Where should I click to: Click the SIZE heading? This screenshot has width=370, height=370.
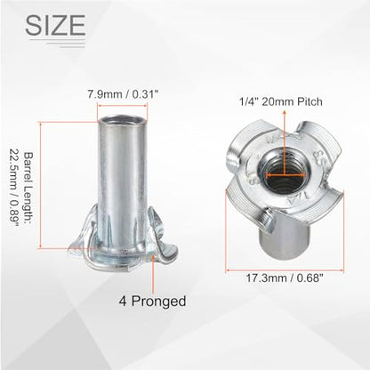56,25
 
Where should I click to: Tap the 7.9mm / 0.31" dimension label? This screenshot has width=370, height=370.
122,94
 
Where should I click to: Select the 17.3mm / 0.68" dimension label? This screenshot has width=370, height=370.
285,278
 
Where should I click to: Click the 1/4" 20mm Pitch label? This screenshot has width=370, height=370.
281,101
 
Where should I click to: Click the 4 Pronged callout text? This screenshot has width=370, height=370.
152,302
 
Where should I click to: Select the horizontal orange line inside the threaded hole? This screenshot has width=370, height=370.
286,175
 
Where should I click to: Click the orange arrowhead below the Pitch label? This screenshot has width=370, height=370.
285,113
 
